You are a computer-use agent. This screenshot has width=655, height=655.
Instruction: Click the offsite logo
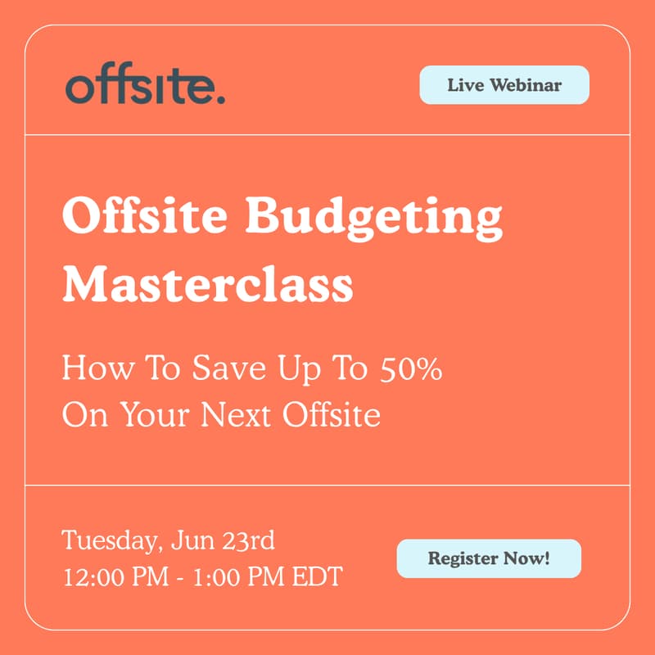(144, 85)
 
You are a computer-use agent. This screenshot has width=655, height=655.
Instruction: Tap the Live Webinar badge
(504, 85)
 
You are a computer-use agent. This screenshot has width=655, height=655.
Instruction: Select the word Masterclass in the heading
(208, 284)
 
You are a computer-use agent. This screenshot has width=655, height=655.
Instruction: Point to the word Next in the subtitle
(245, 415)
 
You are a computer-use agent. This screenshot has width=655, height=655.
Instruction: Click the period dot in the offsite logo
(220, 100)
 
